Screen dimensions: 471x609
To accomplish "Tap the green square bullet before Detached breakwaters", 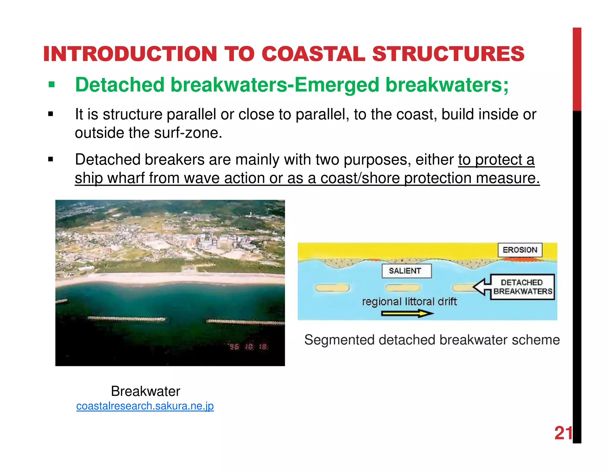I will [x=52, y=85].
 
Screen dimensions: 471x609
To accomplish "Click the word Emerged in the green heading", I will [x=337, y=85].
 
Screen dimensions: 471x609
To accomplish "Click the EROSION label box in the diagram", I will [x=520, y=250].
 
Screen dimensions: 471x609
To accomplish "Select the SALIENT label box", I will [x=406, y=271].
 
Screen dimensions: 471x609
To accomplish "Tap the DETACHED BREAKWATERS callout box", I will [x=522, y=287].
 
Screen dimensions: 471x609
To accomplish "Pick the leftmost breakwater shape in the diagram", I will [x=332, y=288].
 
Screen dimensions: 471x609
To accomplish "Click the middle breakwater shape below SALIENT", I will [x=402, y=288].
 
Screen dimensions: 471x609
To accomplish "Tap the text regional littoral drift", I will [x=409, y=302].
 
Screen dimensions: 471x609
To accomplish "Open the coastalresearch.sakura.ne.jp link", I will [x=145, y=406].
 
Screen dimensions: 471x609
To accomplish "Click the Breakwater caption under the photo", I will [x=145, y=391].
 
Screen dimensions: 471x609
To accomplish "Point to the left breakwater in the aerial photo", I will [x=126, y=319].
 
